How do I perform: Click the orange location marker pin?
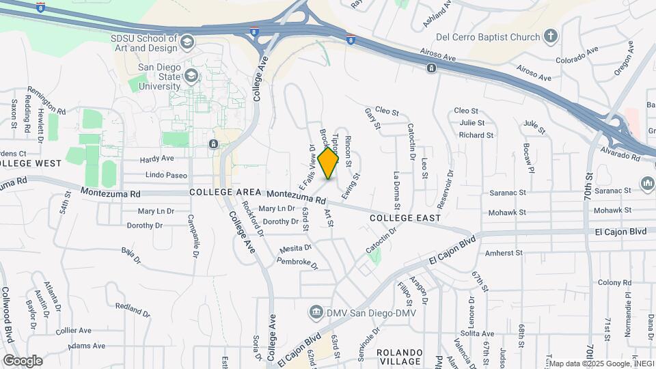click(x=329, y=163)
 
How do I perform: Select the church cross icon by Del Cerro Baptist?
click(x=551, y=36)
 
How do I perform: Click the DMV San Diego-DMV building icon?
click(x=316, y=313)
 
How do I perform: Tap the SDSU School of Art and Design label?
click(x=143, y=44)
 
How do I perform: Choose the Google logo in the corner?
click(x=23, y=360)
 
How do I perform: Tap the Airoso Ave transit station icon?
click(x=431, y=68)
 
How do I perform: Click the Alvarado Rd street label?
click(x=620, y=152)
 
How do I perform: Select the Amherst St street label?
click(x=503, y=253)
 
